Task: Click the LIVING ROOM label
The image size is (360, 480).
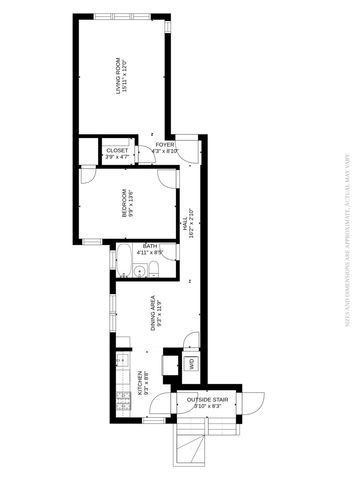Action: click(118, 77)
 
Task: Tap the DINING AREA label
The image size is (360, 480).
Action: click(153, 312)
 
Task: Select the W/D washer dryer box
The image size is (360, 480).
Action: click(190, 363)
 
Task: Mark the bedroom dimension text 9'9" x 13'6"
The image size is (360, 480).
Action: click(131, 203)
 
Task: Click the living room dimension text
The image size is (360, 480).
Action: click(124, 77)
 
